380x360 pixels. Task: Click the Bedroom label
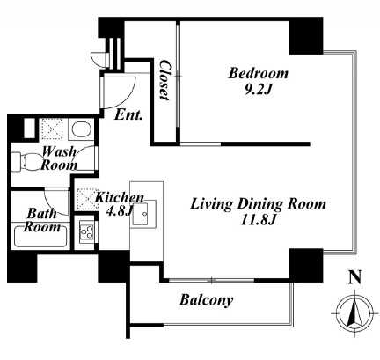259,73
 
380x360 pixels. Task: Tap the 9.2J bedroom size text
257,90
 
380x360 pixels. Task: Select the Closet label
164,80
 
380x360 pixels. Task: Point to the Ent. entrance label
128,114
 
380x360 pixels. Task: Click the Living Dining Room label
258,204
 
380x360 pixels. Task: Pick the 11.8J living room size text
258,219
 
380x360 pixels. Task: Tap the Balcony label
207,300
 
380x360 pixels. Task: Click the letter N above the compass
355,277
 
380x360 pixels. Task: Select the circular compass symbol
355,314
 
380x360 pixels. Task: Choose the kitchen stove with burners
87,231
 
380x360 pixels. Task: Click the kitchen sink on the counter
144,213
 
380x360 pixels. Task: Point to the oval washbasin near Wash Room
80,129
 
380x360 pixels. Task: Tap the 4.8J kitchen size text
118,212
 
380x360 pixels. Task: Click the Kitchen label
119,198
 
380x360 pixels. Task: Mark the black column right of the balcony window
306,266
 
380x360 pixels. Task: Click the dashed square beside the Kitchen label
87,199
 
